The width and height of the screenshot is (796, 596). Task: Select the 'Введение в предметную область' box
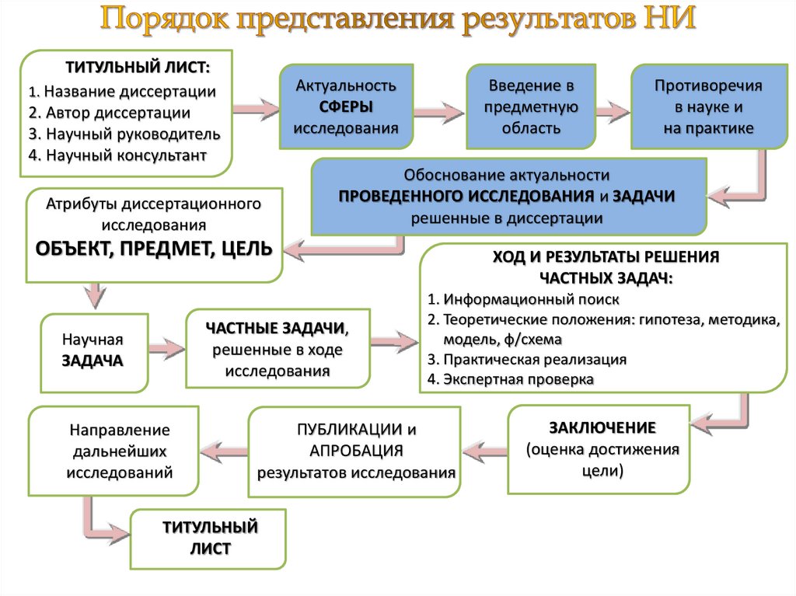(x=531, y=106)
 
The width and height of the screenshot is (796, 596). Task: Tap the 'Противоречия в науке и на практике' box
(x=707, y=106)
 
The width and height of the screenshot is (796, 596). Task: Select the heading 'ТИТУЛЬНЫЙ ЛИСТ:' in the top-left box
(x=138, y=67)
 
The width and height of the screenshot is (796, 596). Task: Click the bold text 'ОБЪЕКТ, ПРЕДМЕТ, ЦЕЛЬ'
(x=153, y=249)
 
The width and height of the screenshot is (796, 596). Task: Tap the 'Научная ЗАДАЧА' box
(x=93, y=351)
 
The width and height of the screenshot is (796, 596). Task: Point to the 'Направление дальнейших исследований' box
(x=113, y=451)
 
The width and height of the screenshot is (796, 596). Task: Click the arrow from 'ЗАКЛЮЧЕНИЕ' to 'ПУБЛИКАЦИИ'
(x=485, y=449)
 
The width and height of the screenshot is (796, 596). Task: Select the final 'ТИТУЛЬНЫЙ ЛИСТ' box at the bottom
(x=209, y=538)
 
